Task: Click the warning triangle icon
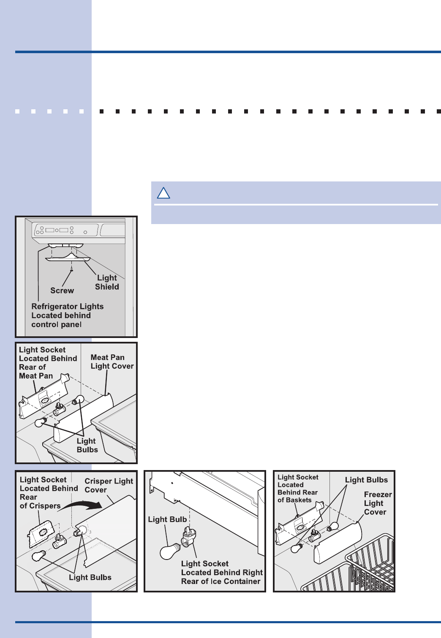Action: pos(163,193)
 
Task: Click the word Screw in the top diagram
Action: pos(62,291)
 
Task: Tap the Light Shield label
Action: pos(107,282)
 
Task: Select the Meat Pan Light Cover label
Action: pos(112,362)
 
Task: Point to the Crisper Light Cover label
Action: pos(109,485)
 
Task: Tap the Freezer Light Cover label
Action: pos(378,503)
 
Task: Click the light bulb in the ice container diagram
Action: pos(170,551)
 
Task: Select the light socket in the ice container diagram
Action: pos(188,537)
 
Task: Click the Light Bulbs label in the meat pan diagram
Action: pos(87,445)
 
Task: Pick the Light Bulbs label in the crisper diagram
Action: pos(90,577)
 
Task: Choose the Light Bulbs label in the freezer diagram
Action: pos(366,480)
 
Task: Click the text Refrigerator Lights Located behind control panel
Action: pos(67,315)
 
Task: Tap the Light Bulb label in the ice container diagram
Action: pos(167,519)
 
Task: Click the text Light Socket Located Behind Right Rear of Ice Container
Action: pos(221,572)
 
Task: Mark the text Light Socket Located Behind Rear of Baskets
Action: pos(298,489)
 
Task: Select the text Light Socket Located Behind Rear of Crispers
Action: pos(48,492)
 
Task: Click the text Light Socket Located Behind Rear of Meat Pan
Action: pos(48,362)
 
